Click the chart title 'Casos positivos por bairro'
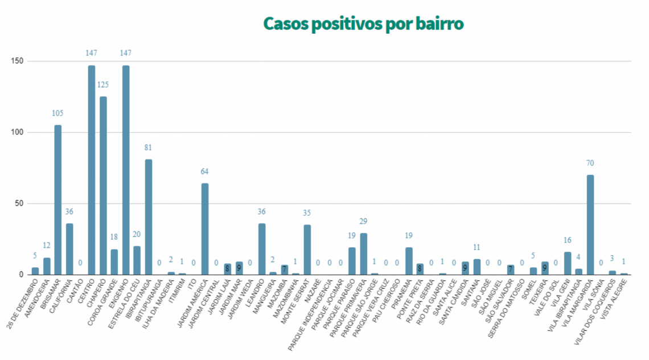click(363, 24)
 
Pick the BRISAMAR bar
click(57, 199)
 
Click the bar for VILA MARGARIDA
click(590, 224)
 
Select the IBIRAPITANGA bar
click(149, 217)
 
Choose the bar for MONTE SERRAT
click(307, 249)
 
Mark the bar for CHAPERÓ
click(103, 185)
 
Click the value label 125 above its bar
click(103, 85)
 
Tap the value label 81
click(149, 148)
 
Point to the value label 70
click(590, 163)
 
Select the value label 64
click(205, 171)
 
